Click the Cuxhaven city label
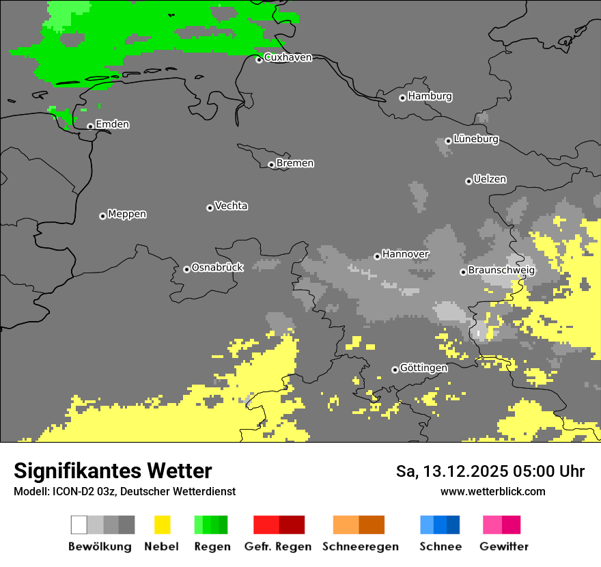[x=288, y=57]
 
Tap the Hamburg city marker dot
[x=402, y=98]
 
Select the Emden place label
[x=112, y=124]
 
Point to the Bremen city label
[x=295, y=163]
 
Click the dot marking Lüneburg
[x=448, y=141]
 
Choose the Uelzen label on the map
[x=490, y=179]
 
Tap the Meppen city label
[x=127, y=214]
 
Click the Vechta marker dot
[x=210, y=208]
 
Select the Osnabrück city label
[x=217, y=267]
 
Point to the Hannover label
[x=405, y=254]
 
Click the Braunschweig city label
[x=501, y=270]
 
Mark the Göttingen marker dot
[x=395, y=370]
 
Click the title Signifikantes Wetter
[x=113, y=471]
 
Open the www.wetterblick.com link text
[x=492, y=491]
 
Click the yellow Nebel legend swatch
[x=162, y=525]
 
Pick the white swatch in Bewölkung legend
[x=79, y=525]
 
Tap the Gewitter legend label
[x=503, y=547]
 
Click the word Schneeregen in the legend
[x=360, y=547]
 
